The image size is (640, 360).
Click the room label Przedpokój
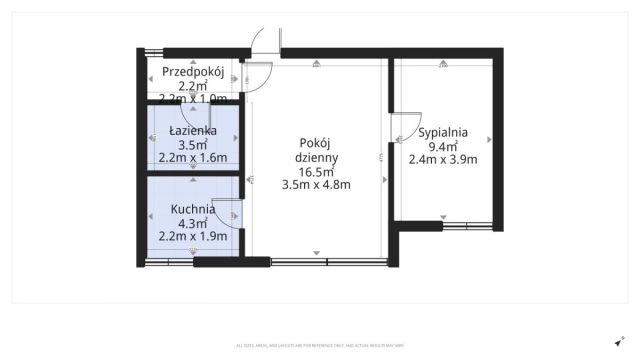pos(192,71)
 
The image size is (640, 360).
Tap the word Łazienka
pos(192,130)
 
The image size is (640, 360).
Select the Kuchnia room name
pos(192,209)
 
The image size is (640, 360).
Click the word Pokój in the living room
pos(316,143)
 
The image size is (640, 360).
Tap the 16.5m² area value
pos(316,171)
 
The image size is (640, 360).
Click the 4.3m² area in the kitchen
pos(192,223)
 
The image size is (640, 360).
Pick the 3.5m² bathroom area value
pos(192,144)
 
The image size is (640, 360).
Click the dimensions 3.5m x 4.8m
pos(316,184)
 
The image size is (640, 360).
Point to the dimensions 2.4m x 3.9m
pos(443,159)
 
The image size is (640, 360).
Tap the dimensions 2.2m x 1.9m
pos(192,237)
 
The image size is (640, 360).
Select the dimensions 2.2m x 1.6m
pos(192,158)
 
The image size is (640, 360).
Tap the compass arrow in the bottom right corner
pos(619,341)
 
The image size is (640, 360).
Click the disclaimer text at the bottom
pos(320,346)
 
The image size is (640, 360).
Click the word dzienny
pos(316,157)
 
